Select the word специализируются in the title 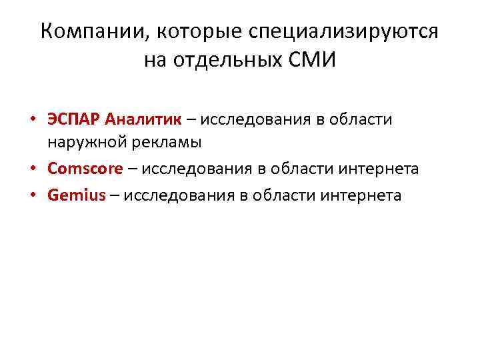(345, 31)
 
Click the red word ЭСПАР (73, 120)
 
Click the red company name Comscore (85, 169)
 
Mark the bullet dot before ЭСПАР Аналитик (31, 121)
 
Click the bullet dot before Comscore (31, 169)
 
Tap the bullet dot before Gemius (31, 196)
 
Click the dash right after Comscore (132, 169)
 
